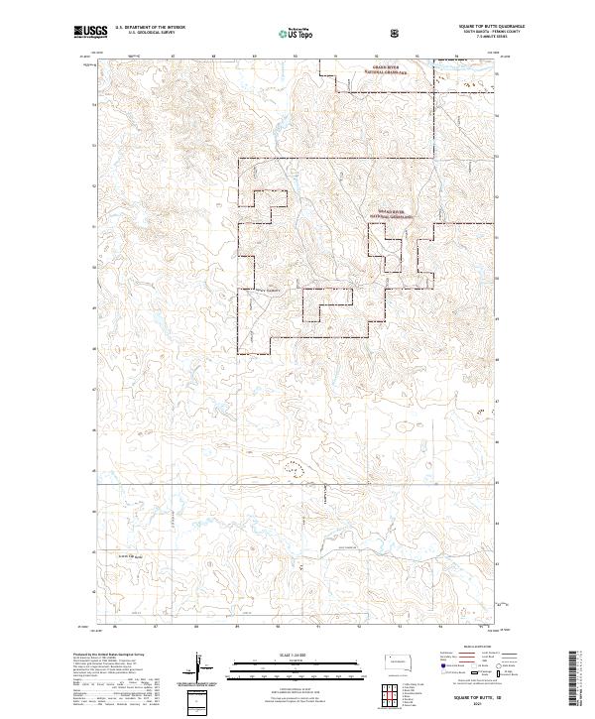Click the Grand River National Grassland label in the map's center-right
pos(393,212)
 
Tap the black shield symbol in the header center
pos(397,32)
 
